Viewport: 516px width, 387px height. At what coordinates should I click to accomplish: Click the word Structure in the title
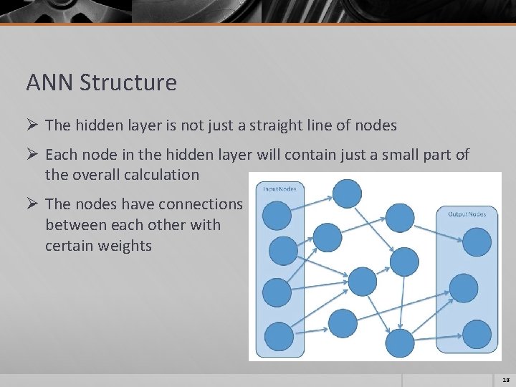[x=128, y=83]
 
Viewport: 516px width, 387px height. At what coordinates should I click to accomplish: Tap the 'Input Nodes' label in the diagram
[x=279, y=189]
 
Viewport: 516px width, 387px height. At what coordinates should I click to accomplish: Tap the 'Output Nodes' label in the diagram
[x=467, y=214]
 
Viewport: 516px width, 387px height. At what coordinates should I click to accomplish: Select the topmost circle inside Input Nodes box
[x=277, y=215]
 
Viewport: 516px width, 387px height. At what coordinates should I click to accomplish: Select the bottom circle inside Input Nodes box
[x=279, y=336]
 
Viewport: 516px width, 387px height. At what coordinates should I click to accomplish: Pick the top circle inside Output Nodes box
[x=477, y=242]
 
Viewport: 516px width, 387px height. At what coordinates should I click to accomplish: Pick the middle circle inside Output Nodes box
[x=464, y=288]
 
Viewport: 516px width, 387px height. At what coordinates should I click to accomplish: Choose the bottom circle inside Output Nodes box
[x=477, y=334]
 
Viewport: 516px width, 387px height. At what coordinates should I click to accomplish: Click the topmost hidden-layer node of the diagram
[x=348, y=193]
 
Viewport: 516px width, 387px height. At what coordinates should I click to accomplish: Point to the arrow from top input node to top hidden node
[x=312, y=201]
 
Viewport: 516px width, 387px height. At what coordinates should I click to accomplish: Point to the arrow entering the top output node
[x=438, y=236]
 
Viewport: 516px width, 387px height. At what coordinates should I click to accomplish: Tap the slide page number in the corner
[x=505, y=380]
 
